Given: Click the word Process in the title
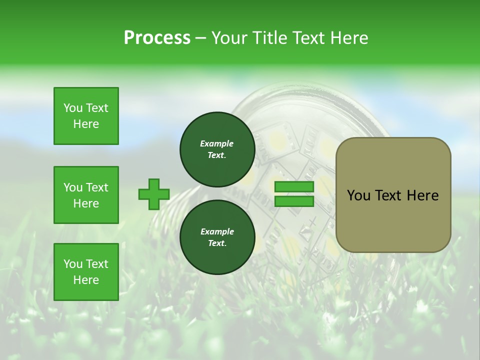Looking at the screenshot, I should (x=157, y=38).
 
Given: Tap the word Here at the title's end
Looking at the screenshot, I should (x=348, y=38).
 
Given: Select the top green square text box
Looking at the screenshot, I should (x=86, y=116).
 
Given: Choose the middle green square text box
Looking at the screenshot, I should (x=86, y=195).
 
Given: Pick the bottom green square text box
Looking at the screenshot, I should (x=86, y=272).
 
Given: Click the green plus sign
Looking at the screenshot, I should (x=154, y=194).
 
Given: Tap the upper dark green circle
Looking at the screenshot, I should (x=217, y=149).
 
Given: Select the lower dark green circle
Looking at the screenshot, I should (x=217, y=237).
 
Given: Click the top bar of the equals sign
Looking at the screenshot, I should (x=294, y=187).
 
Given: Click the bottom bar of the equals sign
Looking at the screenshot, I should (x=294, y=201).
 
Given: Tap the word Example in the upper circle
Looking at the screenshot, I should (x=217, y=143).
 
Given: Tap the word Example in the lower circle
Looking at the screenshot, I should (x=217, y=231).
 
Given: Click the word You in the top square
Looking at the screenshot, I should (x=72, y=108).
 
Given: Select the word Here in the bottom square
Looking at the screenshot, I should (x=86, y=280).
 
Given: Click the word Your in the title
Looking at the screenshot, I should (x=229, y=38).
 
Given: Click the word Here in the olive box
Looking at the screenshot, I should (x=423, y=195).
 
